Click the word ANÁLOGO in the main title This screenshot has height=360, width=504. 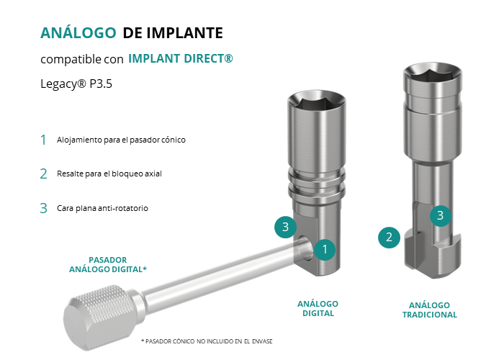(x=78, y=32)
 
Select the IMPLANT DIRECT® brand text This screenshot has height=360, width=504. (x=181, y=58)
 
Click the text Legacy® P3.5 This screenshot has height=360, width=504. (x=76, y=84)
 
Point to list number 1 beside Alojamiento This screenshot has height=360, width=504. (x=43, y=140)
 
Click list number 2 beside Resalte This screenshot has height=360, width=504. (x=43, y=174)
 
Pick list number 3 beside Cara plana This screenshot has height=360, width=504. (x=43, y=208)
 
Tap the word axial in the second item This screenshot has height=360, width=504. (x=153, y=174)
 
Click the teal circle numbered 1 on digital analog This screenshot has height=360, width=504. (x=325, y=249)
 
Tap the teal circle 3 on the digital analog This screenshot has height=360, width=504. (x=285, y=228)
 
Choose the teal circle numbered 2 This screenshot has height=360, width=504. (x=389, y=238)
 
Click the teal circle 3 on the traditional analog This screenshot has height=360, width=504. (x=441, y=216)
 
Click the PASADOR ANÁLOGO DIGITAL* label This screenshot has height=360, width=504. (x=108, y=264)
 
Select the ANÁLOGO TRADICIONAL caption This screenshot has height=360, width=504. (x=430, y=310)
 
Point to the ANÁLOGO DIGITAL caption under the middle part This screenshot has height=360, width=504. (x=318, y=309)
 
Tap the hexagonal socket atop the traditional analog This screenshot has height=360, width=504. (x=432, y=75)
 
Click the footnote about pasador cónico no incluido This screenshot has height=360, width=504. (x=207, y=341)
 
